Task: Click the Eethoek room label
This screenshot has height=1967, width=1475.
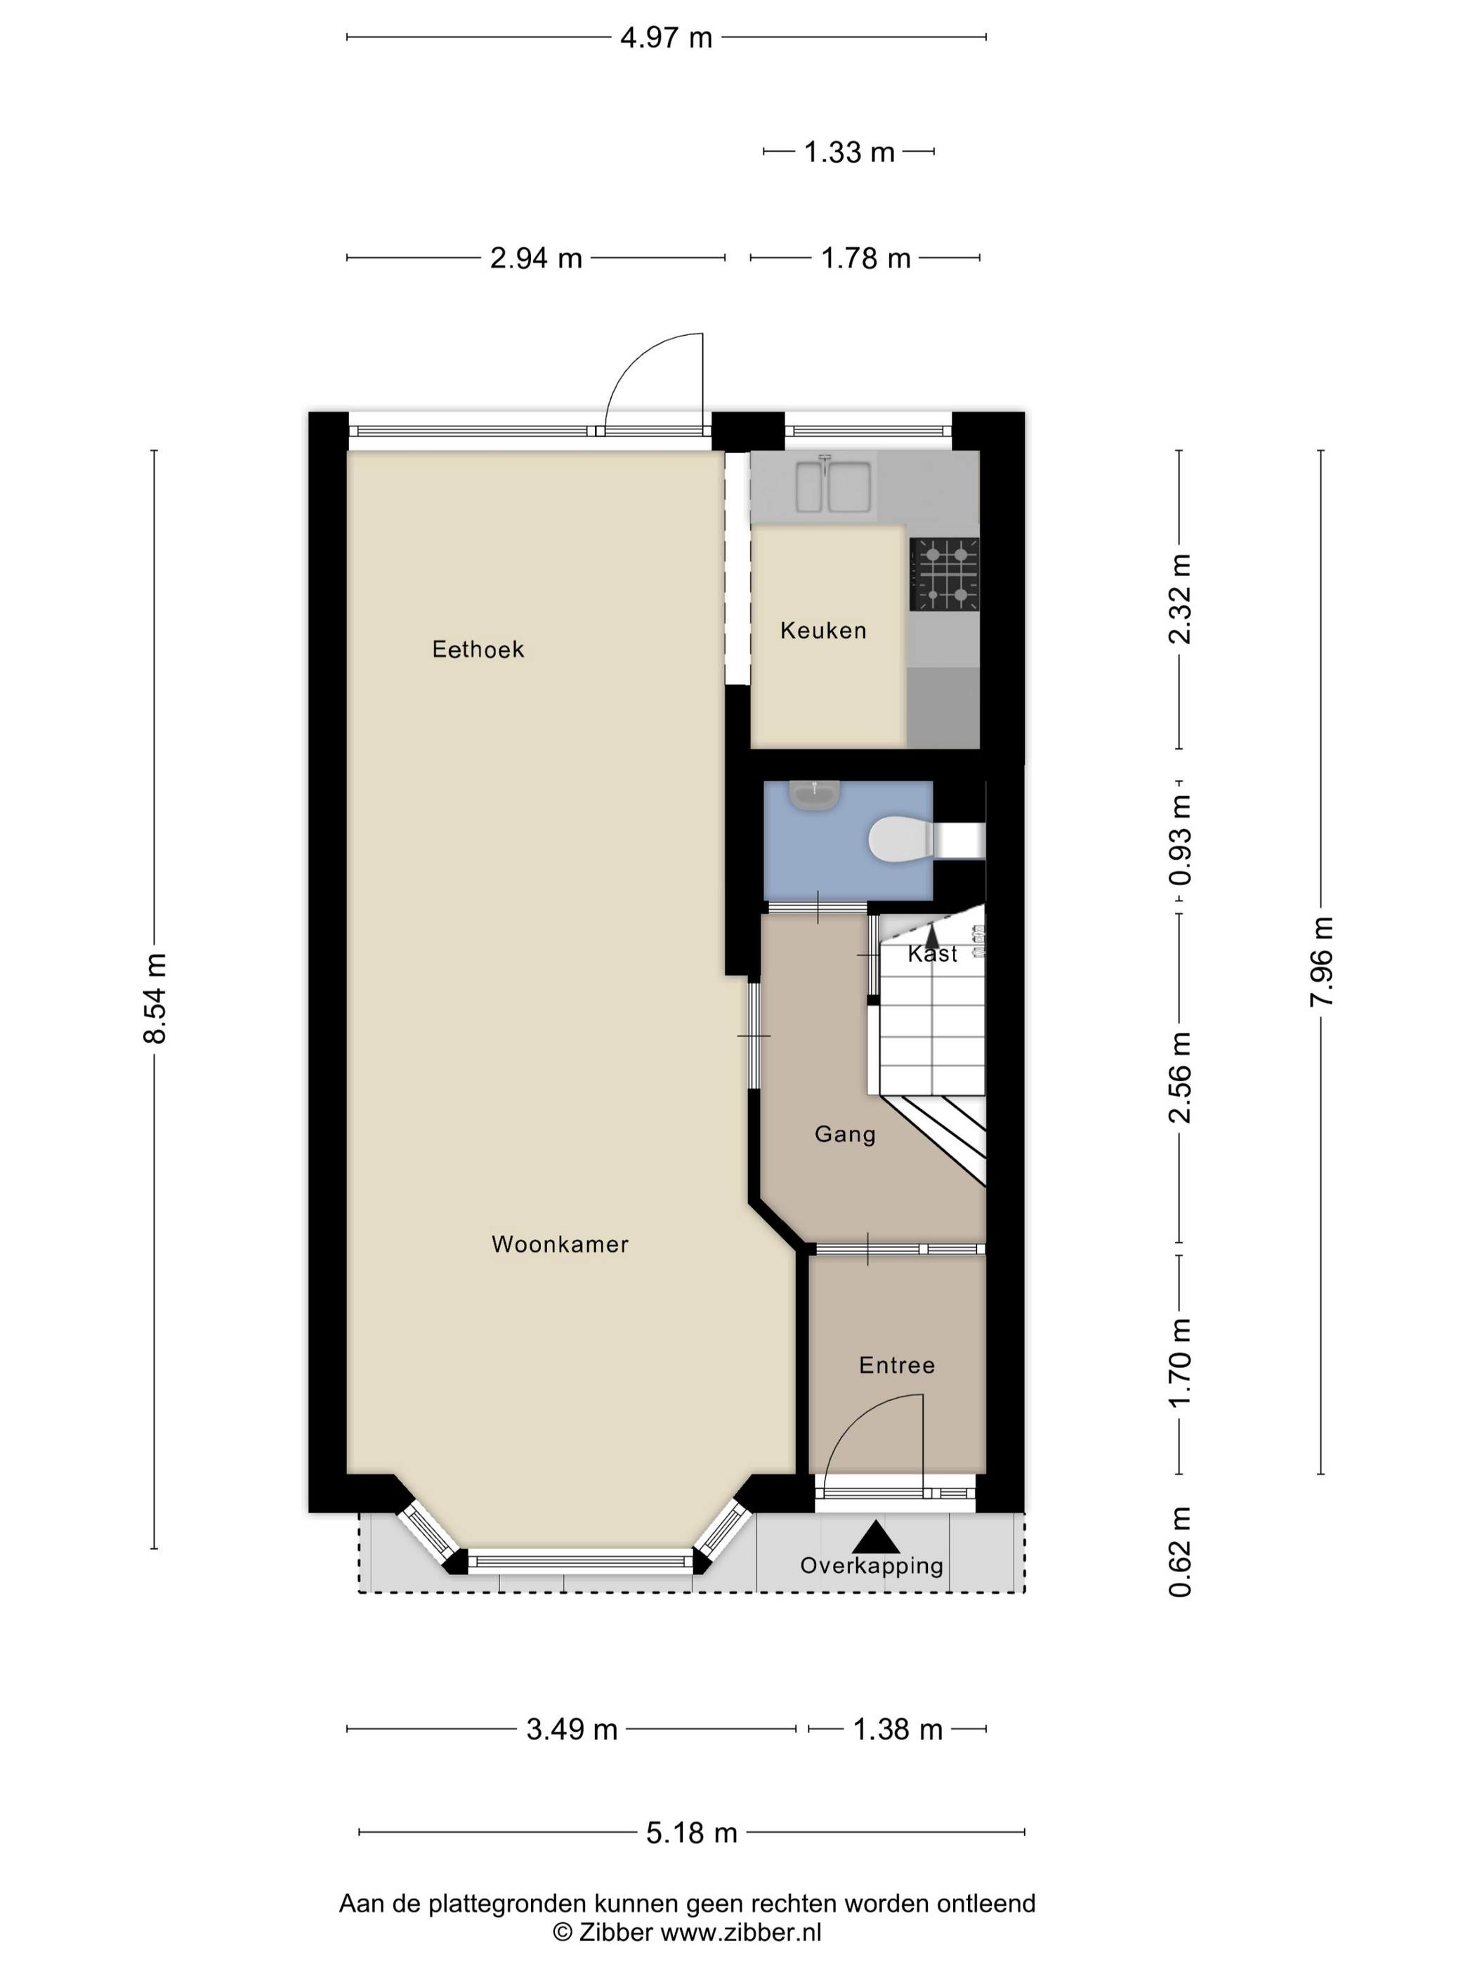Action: click(x=478, y=649)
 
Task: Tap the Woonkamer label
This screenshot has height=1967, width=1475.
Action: click(x=560, y=1244)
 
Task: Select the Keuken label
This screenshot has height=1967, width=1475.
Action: click(x=823, y=630)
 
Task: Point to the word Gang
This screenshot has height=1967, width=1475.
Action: click(x=845, y=1135)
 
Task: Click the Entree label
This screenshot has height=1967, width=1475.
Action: click(x=897, y=1365)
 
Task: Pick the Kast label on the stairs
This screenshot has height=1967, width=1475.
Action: click(x=933, y=954)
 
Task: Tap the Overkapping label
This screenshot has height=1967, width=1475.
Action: click(x=872, y=1566)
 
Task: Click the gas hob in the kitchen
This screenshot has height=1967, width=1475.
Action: click(x=944, y=575)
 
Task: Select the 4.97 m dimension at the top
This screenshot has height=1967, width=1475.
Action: click(x=666, y=37)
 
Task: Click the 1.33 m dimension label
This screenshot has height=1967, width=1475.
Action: click(x=849, y=152)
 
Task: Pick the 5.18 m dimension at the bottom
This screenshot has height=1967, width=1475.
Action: click(x=692, y=1833)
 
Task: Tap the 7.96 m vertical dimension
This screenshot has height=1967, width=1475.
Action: click(x=1321, y=962)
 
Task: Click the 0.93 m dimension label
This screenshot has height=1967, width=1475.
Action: click(x=1180, y=839)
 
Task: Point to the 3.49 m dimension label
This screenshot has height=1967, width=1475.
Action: click(x=572, y=1730)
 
